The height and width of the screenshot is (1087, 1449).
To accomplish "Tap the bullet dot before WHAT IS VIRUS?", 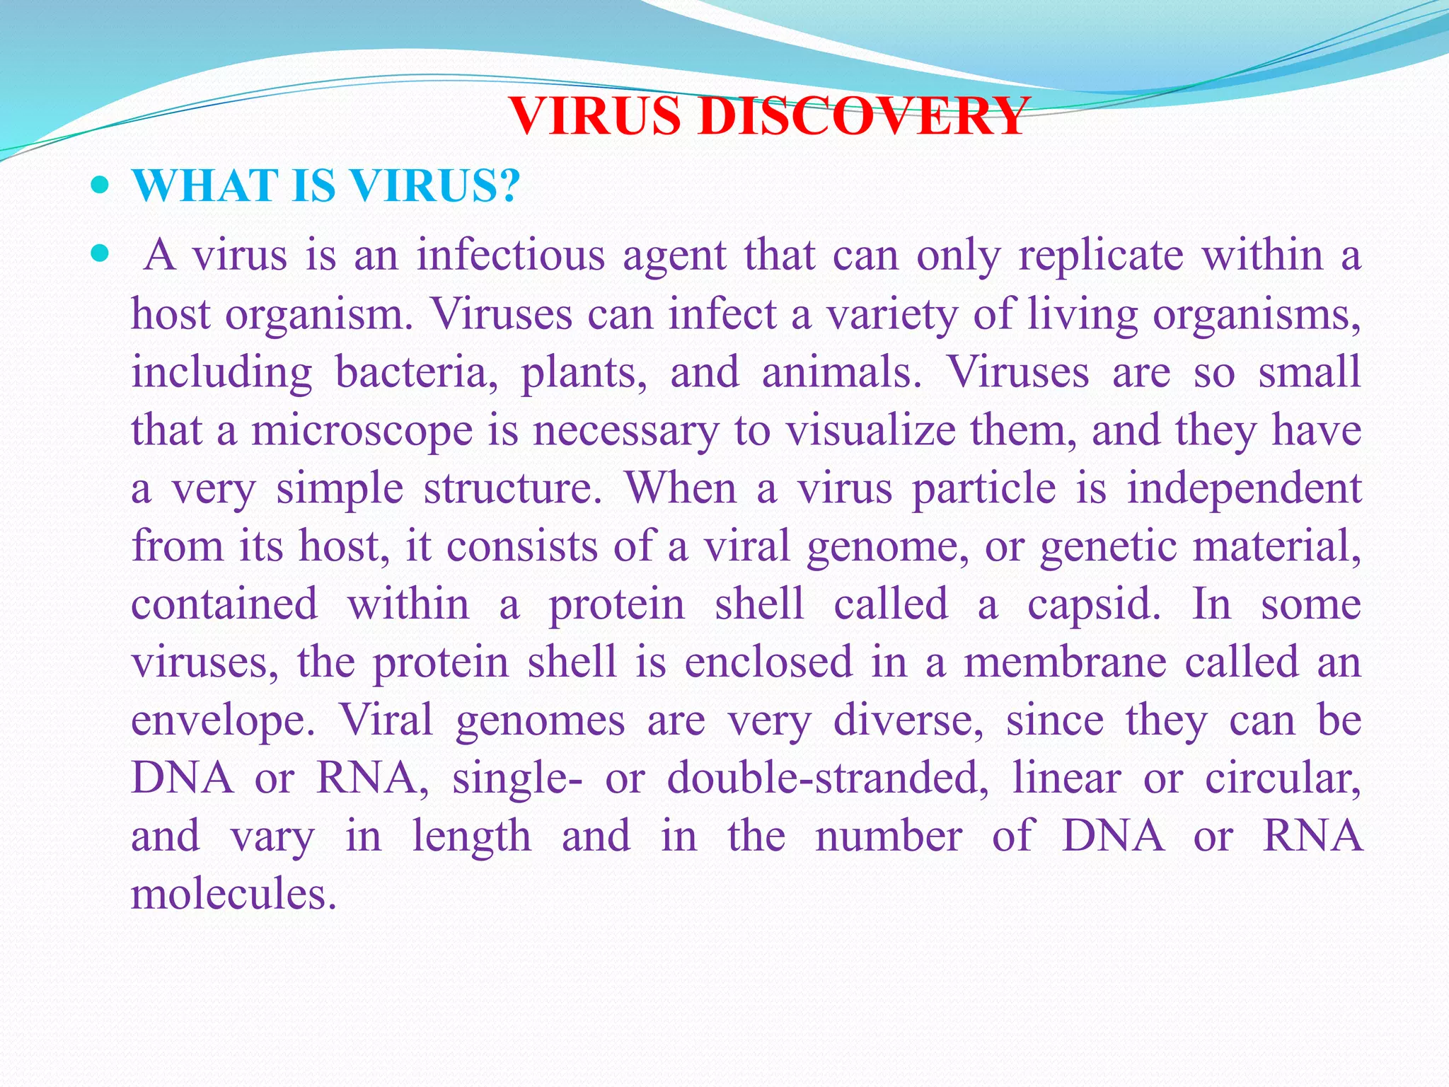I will point(101,186).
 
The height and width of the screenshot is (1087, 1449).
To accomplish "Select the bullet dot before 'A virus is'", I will point(101,253).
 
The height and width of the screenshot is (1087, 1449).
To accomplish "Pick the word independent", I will point(1243,488).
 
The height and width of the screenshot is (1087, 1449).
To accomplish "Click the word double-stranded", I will point(827,778).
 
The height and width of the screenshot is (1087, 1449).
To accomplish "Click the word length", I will point(471,836).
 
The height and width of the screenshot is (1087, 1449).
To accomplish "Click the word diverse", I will point(908,720).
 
